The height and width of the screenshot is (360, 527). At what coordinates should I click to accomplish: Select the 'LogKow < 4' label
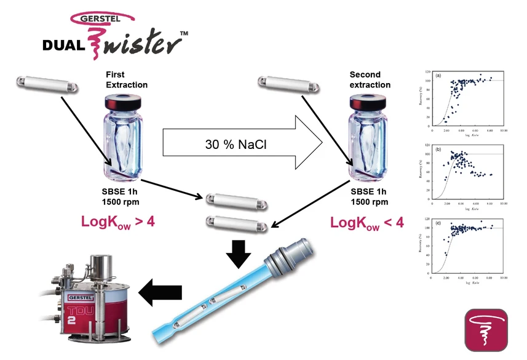tap(367, 222)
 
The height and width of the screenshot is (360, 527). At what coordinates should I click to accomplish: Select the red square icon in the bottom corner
tap(486, 330)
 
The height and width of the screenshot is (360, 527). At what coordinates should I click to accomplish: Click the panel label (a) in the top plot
tap(438, 76)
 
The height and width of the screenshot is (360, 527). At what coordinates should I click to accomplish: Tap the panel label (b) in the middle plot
tap(438, 148)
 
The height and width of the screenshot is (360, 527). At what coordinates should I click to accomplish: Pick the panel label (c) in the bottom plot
tap(438, 222)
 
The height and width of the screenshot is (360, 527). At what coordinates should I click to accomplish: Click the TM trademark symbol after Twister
tap(184, 33)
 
